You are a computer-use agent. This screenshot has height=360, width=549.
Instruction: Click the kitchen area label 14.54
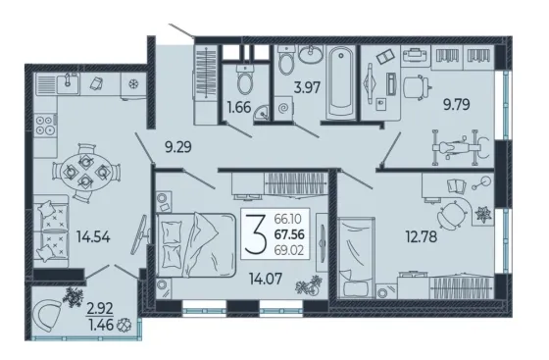coord(93,237)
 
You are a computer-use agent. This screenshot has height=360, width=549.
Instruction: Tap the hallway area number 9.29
coord(178,147)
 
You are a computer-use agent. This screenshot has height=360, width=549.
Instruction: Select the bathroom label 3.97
coord(307,87)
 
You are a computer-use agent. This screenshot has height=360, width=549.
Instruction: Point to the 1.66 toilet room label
coord(239,107)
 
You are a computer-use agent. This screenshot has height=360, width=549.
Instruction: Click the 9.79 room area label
coord(457,104)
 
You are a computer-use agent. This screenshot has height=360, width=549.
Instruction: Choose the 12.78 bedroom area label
coord(422,236)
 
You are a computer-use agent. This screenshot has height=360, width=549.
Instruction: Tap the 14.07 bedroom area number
coord(266,279)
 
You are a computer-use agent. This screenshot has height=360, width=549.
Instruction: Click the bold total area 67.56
coord(289,234)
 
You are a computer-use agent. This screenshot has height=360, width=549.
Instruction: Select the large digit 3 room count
coord(256,233)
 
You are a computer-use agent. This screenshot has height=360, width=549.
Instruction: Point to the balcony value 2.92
coord(100,309)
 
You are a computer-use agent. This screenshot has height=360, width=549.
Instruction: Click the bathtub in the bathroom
coord(341,82)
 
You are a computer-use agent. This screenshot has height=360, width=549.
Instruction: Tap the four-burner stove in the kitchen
coord(45,126)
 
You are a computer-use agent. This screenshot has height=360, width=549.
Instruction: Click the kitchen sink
coord(68,83)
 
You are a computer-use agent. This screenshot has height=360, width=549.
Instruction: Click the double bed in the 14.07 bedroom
coord(196,245)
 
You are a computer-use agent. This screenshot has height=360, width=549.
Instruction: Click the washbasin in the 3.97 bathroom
coord(311,54)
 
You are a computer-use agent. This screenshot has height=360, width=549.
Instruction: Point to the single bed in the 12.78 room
coord(356,257)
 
